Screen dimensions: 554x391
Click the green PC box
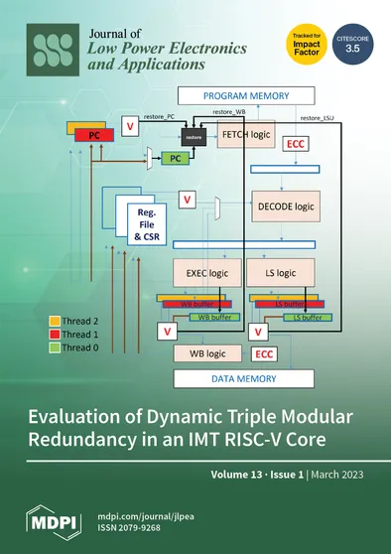coord(173,158)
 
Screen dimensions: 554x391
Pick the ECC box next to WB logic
coord(263,353)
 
